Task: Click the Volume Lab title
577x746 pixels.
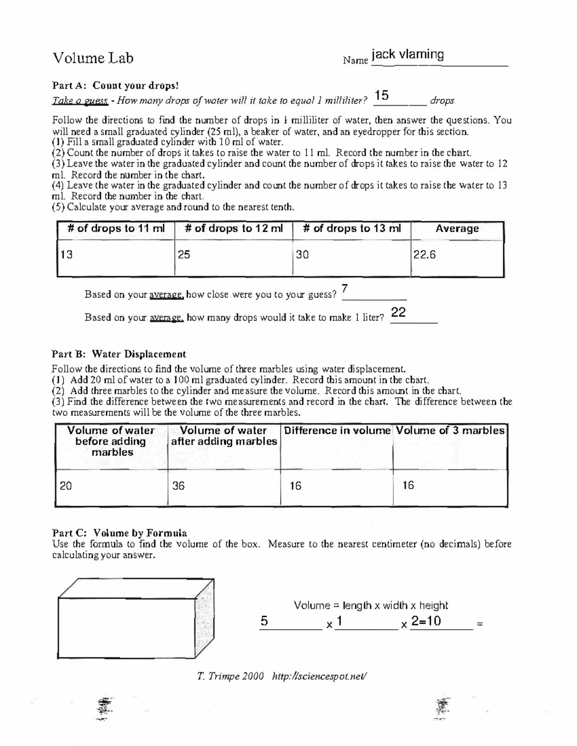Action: [93, 58]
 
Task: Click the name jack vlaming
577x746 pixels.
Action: [408, 54]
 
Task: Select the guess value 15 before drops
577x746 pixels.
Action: [382, 95]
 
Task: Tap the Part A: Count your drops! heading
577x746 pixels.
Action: [115, 86]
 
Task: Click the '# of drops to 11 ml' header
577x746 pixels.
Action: [116, 229]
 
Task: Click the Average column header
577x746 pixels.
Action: [457, 229]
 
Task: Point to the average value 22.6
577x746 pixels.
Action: [425, 255]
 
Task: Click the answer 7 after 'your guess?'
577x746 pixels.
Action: [344, 290]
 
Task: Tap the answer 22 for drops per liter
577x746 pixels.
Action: [398, 313]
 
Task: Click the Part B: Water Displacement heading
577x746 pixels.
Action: [119, 354]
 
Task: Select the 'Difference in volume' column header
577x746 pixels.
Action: [337, 430]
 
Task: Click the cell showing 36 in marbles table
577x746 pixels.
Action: [178, 486]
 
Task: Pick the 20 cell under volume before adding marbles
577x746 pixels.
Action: [66, 486]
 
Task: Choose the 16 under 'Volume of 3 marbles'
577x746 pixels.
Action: [408, 485]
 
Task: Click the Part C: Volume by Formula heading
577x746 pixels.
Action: [119, 533]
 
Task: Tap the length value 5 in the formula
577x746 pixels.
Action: [264, 621]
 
